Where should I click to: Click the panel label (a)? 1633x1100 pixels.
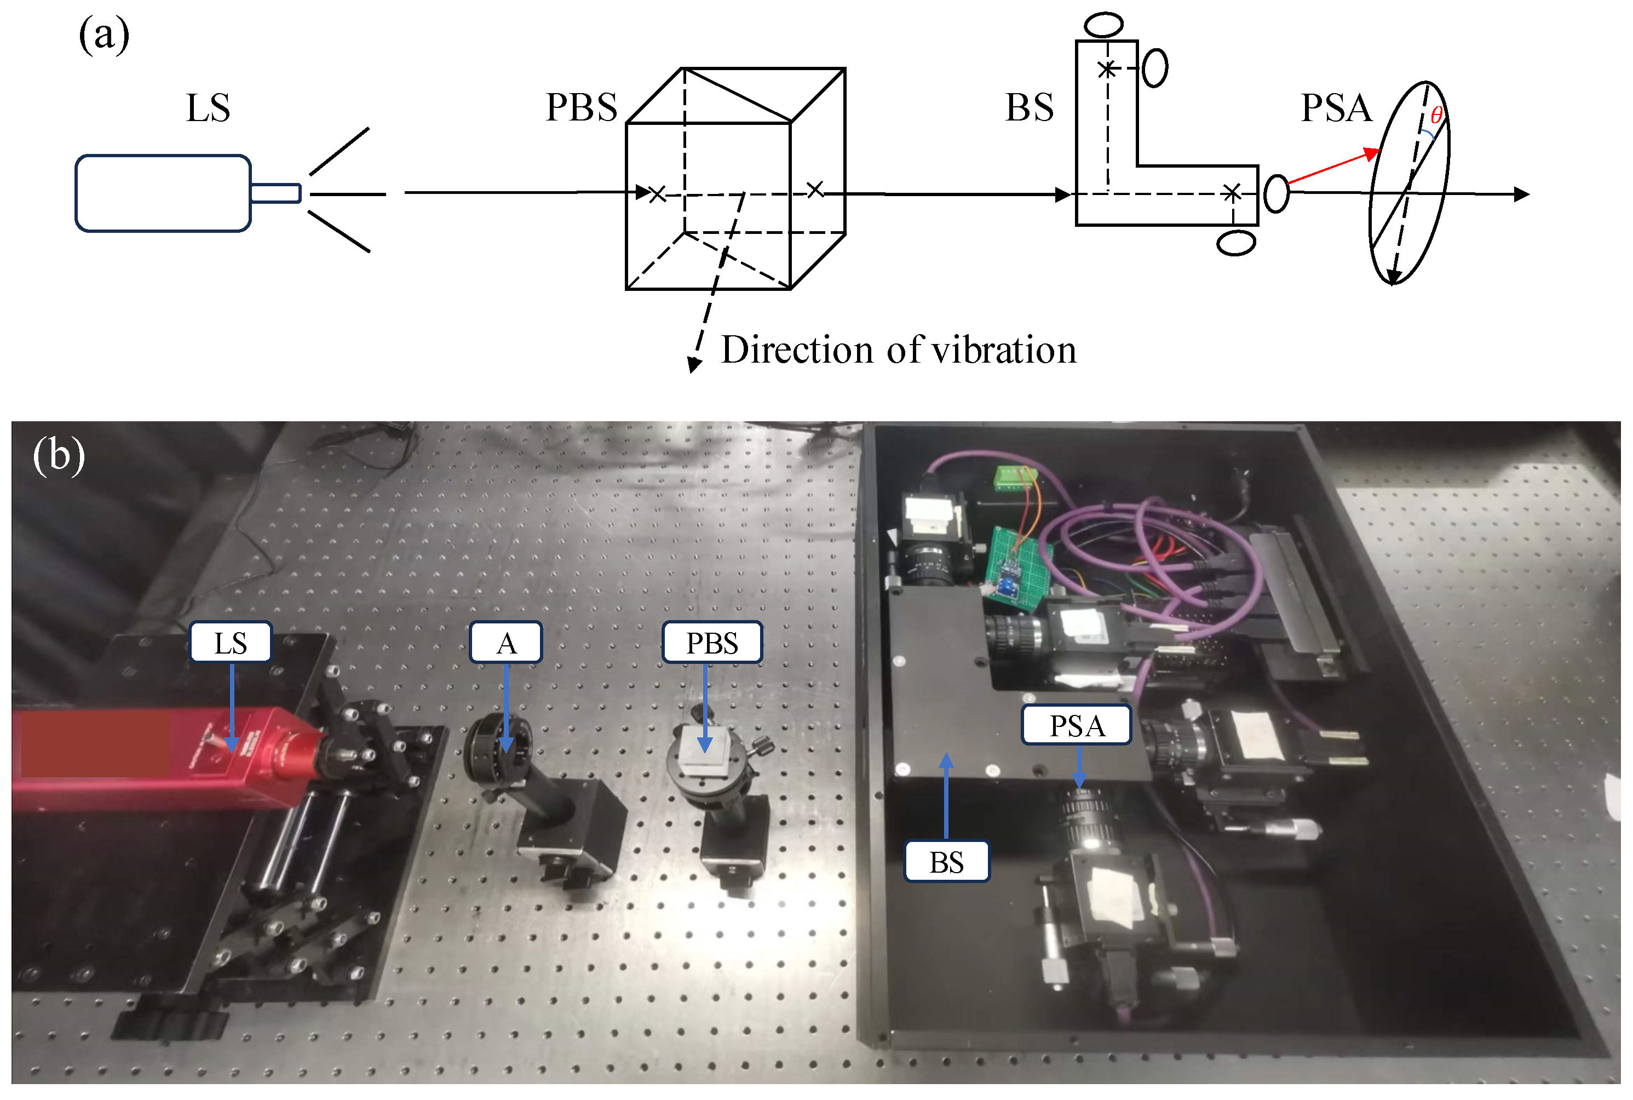point(104,35)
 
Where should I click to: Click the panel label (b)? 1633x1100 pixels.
point(59,456)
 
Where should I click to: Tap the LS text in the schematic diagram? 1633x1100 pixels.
point(208,108)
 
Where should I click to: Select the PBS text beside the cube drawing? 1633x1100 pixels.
point(581,108)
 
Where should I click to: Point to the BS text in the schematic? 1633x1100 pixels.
point(1028,108)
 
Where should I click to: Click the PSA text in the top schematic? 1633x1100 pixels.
point(1336,108)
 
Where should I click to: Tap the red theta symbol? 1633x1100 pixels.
point(1436,116)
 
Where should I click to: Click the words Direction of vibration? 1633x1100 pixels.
point(898,350)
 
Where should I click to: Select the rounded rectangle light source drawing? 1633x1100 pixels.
point(163,193)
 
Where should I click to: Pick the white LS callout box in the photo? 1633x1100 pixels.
point(230,643)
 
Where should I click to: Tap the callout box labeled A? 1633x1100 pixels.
point(505,643)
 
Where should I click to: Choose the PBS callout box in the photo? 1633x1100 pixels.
point(712,643)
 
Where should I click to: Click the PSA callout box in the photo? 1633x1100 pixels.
point(1076,725)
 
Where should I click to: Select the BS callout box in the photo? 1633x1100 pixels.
point(947,862)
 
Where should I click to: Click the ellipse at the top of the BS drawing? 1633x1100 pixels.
point(1103,25)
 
